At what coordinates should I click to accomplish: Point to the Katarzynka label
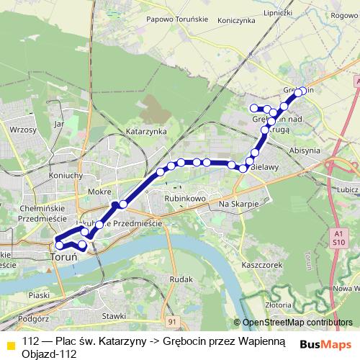click(146, 132)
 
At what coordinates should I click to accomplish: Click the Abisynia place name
click(303, 150)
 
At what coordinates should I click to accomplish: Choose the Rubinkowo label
click(186, 197)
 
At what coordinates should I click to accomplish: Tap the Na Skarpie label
click(238, 205)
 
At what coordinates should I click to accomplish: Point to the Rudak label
click(183, 279)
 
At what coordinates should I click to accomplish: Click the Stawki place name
click(114, 315)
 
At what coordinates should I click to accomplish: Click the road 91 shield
click(172, 321)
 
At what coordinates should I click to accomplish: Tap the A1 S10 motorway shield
click(338, 238)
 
